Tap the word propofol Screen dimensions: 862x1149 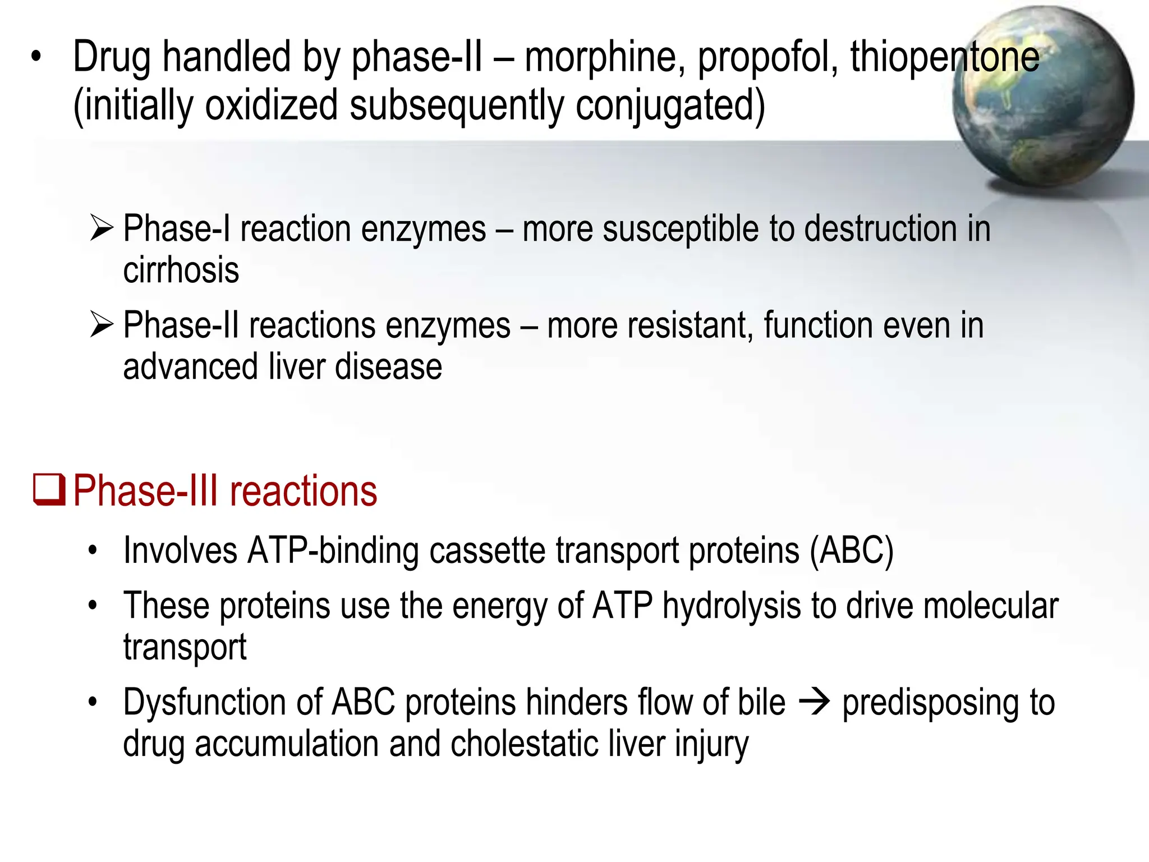(767, 57)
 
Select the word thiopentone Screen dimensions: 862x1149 (945, 57)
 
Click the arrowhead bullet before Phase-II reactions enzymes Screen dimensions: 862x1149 (102, 325)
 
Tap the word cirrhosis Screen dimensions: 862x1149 (181, 270)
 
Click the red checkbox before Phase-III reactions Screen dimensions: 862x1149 (50, 490)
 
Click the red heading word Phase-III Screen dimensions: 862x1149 (148, 491)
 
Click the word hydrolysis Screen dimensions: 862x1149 (732, 607)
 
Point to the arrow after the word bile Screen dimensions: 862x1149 (814, 702)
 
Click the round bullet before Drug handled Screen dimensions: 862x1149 (36, 57)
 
